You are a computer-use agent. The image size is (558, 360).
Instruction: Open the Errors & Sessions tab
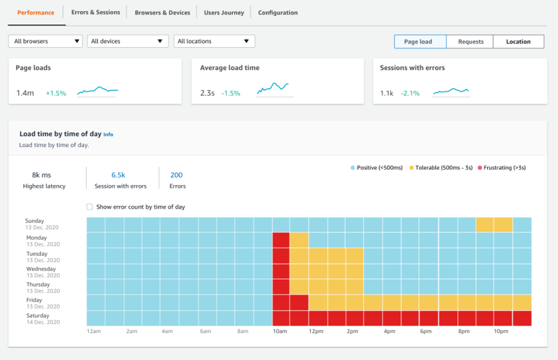(x=96, y=12)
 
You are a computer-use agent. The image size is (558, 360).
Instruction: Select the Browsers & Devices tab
(x=162, y=12)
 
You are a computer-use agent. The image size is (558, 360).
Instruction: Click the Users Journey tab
(x=224, y=12)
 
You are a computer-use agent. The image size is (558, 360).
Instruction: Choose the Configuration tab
(x=278, y=12)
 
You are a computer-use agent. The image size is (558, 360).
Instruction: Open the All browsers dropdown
(x=45, y=42)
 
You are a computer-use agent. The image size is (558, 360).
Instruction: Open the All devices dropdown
(x=128, y=42)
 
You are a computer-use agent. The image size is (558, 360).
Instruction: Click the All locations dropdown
(x=214, y=42)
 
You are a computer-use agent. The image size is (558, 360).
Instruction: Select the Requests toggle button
(x=471, y=42)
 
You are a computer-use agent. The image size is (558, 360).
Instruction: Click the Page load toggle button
(x=420, y=42)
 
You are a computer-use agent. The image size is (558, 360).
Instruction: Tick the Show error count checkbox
(x=90, y=207)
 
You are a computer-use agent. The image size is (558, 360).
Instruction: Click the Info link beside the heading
(x=108, y=135)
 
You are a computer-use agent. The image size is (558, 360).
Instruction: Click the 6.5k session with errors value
(x=119, y=175)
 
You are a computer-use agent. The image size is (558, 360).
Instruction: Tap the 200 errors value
(x=176, y=175)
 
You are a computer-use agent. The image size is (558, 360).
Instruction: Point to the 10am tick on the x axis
(x=280, y=332)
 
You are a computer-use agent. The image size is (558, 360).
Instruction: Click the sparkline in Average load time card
(x=273, y=89)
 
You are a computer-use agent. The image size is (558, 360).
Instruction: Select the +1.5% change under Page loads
(x=56, y=93)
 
